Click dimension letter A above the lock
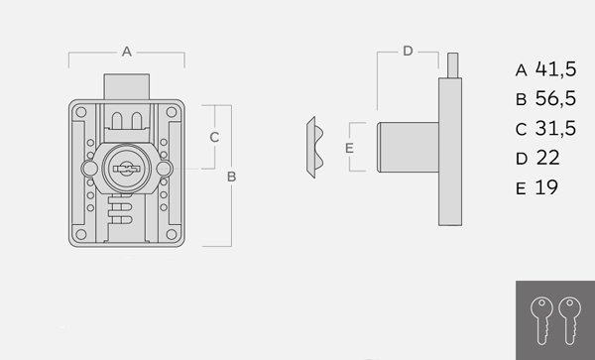point(127,52)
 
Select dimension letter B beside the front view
point(231,177)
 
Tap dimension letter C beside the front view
point(214,137)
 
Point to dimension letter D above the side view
point(408,51)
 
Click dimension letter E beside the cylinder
point(349,148)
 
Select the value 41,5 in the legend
point(555,69)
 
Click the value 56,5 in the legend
point(555,98)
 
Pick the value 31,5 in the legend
point(555,128)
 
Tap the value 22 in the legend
point(548,158)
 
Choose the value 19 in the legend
point(546,187)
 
